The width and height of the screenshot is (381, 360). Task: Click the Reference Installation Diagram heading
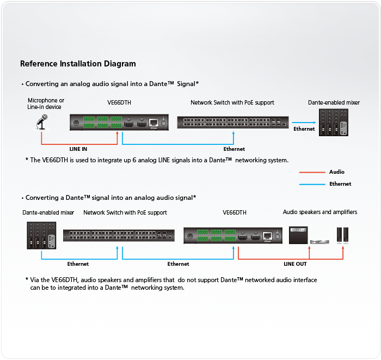pos(78,64)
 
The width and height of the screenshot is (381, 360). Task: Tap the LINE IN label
pos(78,149)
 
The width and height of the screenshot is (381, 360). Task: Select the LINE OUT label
pos(295,264)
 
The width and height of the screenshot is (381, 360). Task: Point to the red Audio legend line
pos(311,172)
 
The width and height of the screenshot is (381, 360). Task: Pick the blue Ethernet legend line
pos(311,184)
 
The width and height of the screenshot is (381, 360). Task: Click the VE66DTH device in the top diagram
pos(119,123)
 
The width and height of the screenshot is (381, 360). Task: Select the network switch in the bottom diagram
pos(119,235)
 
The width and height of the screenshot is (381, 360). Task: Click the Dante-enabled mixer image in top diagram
pos(334,123)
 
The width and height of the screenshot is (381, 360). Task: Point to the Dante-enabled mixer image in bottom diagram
pos(42,235)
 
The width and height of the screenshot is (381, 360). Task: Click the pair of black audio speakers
pos(343,235)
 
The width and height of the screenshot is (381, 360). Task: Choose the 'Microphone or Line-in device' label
pos(46,103)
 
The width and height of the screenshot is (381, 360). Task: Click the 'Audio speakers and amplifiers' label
pos(320,212)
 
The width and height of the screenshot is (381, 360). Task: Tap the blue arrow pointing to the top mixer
pos(303,123)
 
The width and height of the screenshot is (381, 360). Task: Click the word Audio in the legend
pos(336,172)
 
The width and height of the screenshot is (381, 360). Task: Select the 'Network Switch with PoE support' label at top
pos(232,102)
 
